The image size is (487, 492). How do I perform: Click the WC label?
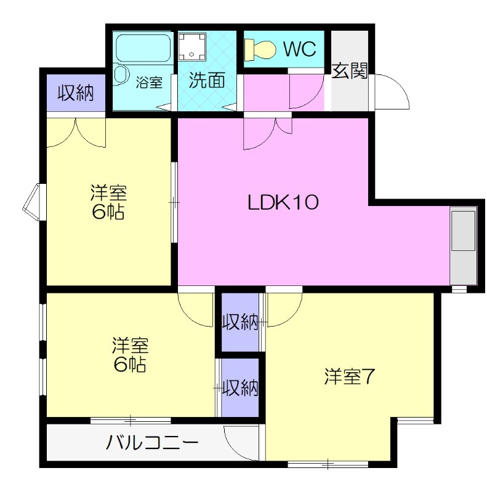(300, 49)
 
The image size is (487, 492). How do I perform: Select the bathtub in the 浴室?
(143, 48)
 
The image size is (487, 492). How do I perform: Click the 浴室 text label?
(149, 82)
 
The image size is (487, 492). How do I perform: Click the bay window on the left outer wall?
(32, 200)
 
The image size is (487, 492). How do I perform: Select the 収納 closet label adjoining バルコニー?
(240, 388)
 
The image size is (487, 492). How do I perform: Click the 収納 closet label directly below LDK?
(240, 322)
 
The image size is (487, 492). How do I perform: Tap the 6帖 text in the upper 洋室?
(109, 212)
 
